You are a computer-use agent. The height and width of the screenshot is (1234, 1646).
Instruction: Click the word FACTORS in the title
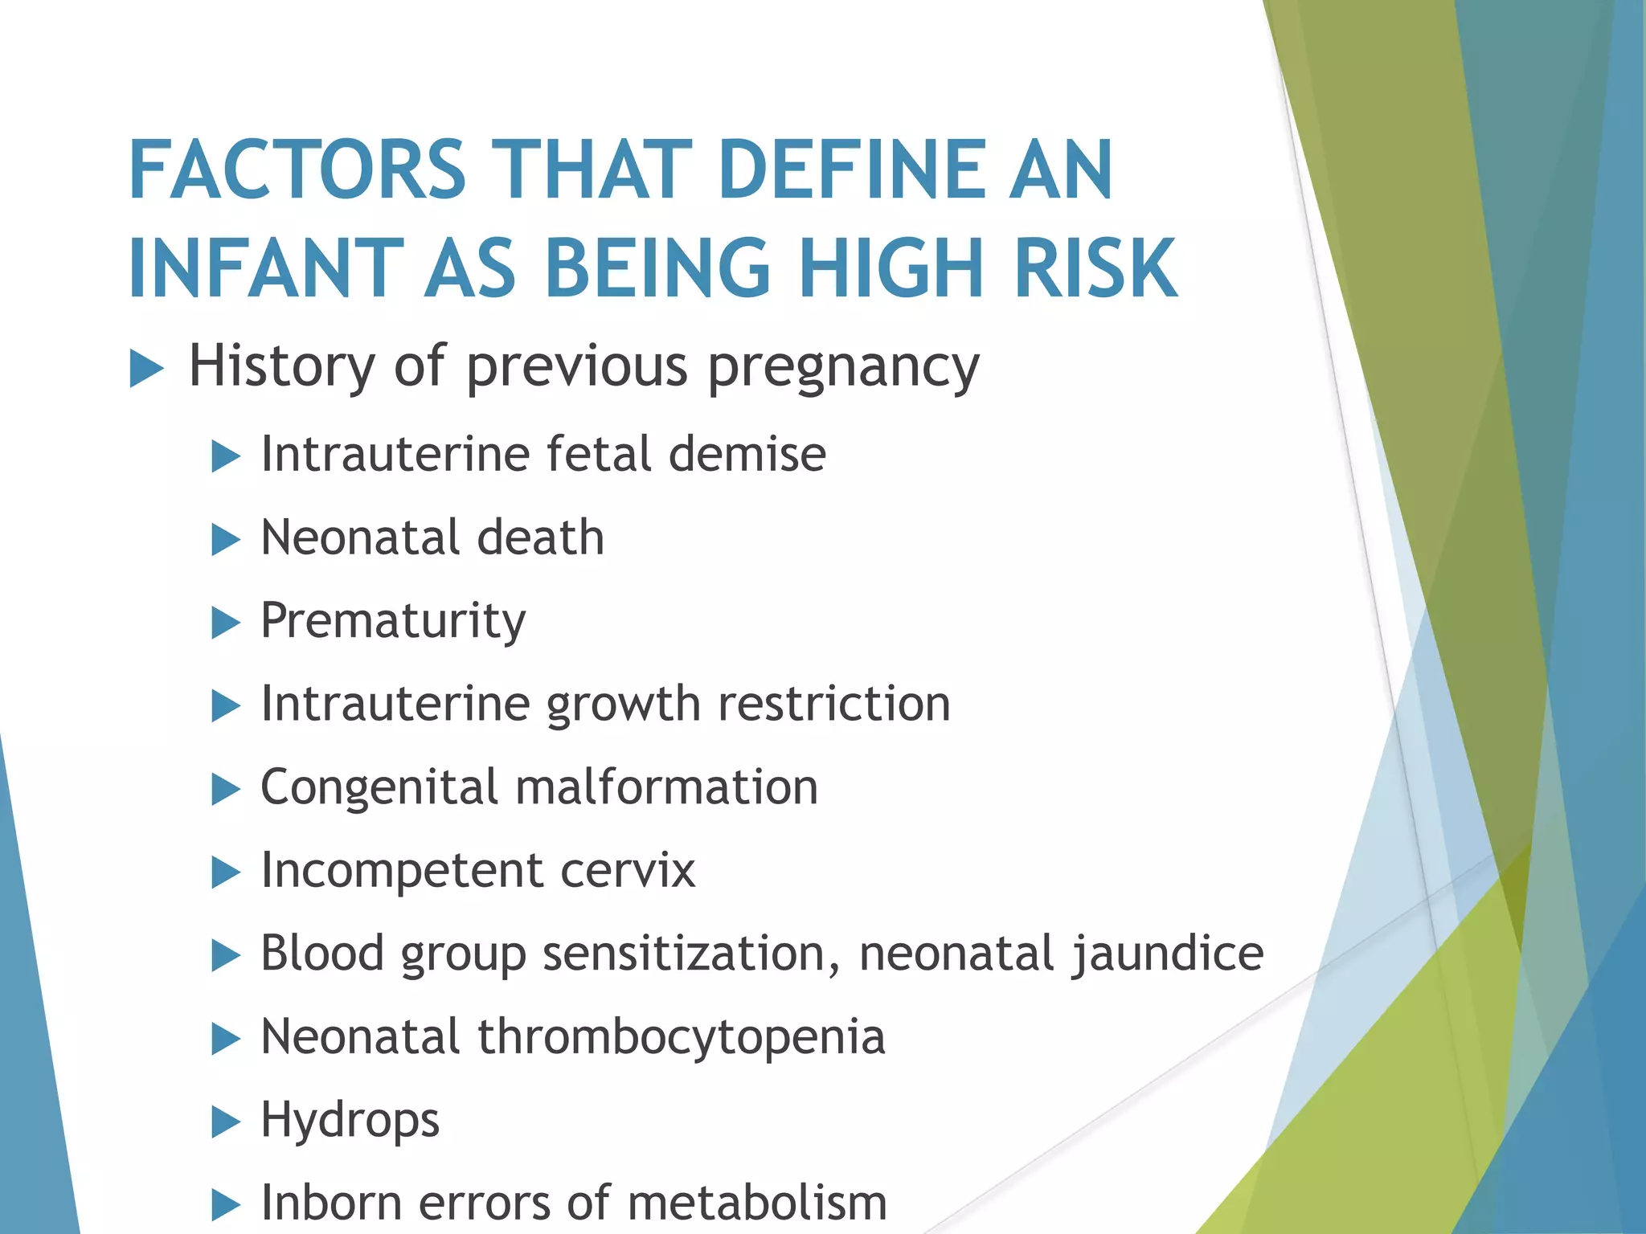click(x=297, y=170)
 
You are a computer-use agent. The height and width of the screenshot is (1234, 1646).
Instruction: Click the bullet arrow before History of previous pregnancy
click(x=146, y=370)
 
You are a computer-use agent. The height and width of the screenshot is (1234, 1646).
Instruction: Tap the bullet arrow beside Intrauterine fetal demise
click(x=226, y=456)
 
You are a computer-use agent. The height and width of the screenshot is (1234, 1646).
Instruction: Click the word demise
click(x=747, y=454)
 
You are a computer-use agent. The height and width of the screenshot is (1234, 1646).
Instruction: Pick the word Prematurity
click(x=393, y=622)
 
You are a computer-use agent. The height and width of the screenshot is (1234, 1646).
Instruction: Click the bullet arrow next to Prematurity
click(x=226, y=623)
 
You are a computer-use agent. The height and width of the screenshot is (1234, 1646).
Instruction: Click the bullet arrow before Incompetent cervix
click(x=226, y=872)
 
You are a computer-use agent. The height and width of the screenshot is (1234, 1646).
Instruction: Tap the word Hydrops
click(x=350, y=1121)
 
